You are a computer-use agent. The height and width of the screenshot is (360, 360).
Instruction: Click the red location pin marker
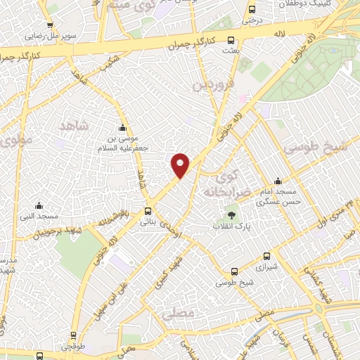click(181, 165)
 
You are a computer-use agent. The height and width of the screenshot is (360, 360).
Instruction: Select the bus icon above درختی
click(252, 9)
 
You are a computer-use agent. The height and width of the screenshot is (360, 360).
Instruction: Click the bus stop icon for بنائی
click(148, 211)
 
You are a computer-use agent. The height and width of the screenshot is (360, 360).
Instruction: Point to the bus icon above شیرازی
click(266, 257)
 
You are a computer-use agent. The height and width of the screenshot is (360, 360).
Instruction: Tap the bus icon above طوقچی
click(72, 336)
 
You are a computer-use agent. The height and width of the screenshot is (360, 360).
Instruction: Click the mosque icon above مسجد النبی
click(38, 206)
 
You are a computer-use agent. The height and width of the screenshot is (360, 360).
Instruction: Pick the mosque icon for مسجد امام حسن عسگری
click(278, 181)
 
